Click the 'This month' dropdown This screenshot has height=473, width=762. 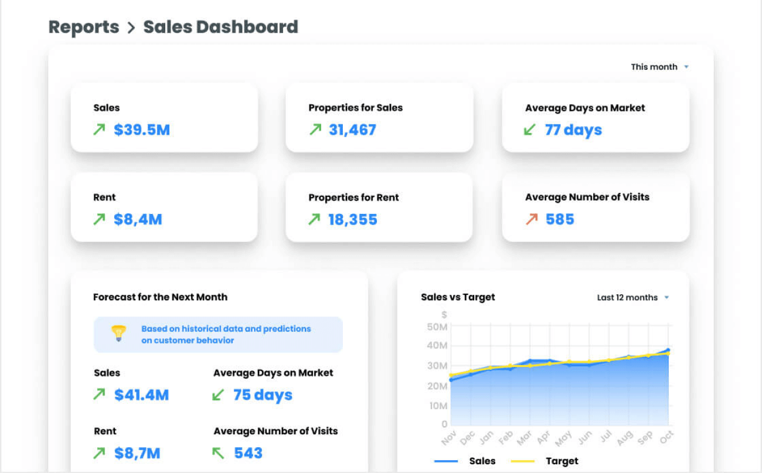(x=659, y=67)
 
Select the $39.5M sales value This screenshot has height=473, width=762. (x=142, y=130)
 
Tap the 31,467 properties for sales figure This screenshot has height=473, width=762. (x=352, y=130)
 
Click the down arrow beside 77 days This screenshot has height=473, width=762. (x=529, y=130)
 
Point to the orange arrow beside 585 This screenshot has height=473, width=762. (x=532, y=219)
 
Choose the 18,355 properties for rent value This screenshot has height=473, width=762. (x=352, y=220)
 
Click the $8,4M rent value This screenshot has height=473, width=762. (x=138, y=220)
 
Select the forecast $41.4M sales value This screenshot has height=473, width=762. (x=141, y=395)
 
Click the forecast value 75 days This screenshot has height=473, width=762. (x=263, y=395)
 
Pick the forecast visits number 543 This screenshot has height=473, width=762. (x=249, y=453)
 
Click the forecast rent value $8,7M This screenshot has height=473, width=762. (x=137, y=453)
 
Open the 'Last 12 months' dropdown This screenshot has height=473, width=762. (x=632, y=298)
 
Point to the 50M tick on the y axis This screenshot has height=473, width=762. (x=437, y=326)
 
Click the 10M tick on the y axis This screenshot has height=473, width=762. (x=437, y=406)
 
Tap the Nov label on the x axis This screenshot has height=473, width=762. (x=448, y=437)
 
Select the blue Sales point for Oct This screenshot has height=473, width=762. (x=668, y=351)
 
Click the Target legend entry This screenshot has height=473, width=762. (x=561, y=461)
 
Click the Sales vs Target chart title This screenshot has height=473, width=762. (x=458, y=297)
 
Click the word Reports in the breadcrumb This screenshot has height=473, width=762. (x=84, y=27)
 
